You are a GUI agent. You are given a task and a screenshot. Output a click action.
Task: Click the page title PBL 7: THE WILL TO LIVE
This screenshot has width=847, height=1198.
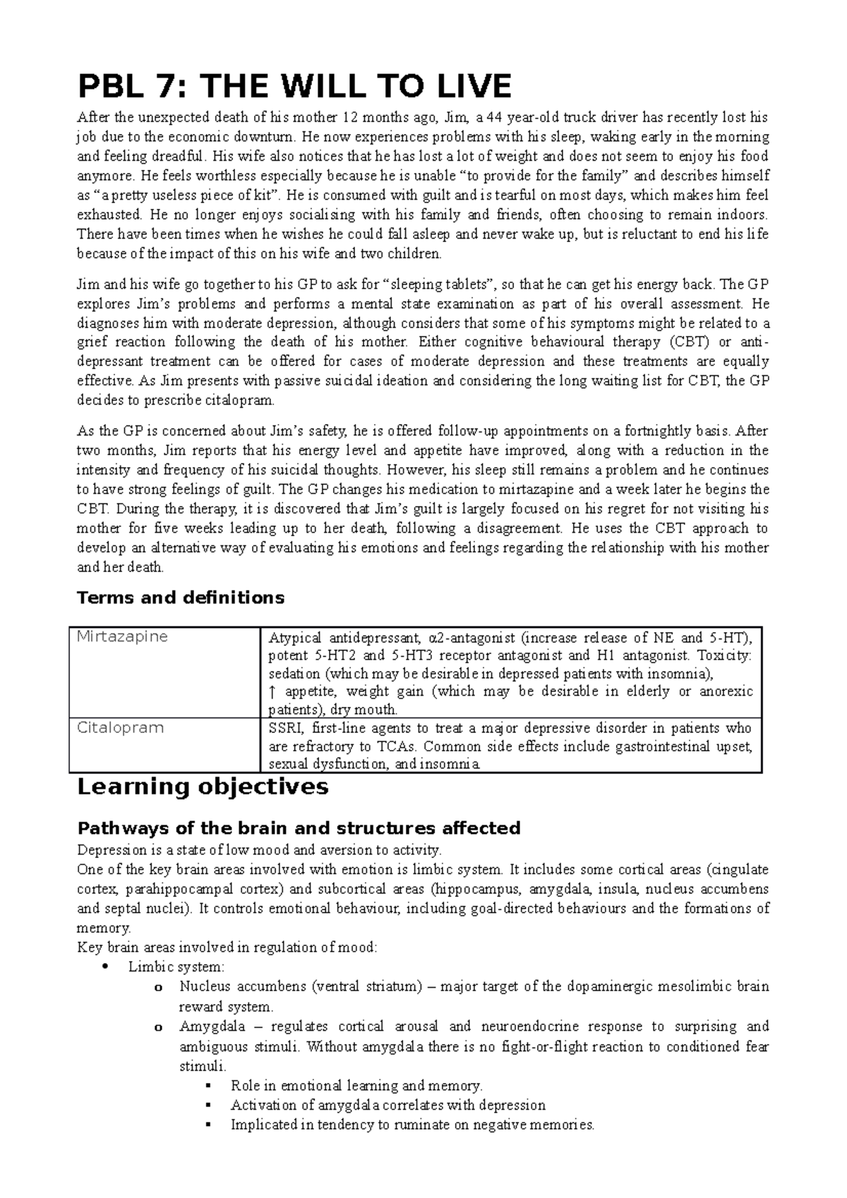coord(294,87)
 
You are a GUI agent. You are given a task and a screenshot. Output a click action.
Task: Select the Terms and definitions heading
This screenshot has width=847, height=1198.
coord(180,598)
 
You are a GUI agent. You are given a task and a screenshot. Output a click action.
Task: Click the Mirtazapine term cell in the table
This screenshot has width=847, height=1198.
coord(122,636)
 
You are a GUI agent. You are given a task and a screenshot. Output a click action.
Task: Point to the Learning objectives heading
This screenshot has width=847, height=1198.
coord(202,787)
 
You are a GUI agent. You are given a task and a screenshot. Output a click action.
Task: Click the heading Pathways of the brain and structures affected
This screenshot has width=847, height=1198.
coord(299,828)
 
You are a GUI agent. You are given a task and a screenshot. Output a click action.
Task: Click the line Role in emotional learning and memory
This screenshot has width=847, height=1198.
coord(356,1086)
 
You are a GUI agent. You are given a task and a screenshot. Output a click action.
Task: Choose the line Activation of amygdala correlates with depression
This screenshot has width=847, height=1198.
coord(388,1106)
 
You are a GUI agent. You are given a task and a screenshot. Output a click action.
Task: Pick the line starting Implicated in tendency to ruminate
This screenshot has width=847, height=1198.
coord(413,1125)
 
